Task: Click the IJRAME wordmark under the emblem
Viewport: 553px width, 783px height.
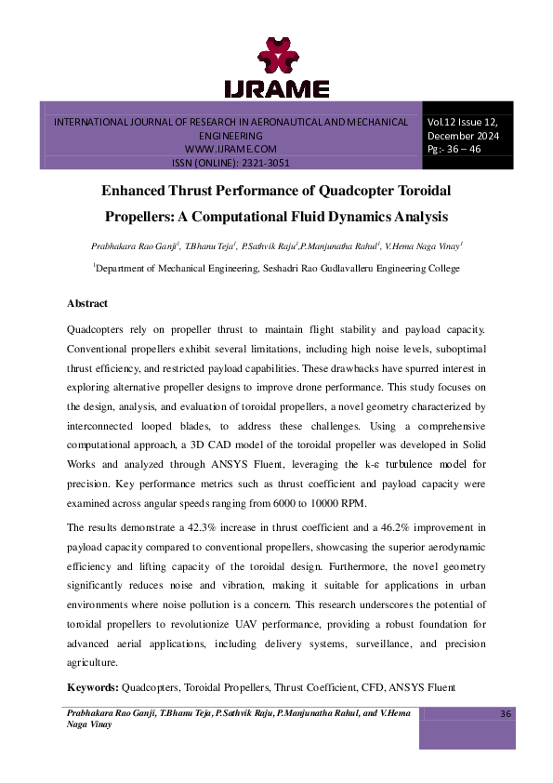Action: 276,89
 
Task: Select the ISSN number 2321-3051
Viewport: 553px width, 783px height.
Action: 257,162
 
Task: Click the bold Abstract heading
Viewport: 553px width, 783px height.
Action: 87,304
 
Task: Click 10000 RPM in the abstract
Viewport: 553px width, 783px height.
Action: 341,502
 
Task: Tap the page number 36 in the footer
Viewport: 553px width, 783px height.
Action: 506,713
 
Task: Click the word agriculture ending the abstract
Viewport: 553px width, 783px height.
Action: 92,663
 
